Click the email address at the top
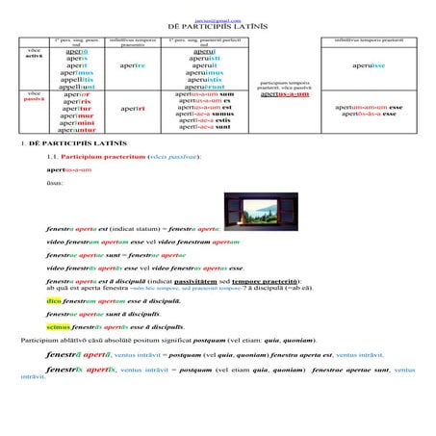pyautogui.click(x=218, y=17)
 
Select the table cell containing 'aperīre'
pyautogui.click(x=132, y=65)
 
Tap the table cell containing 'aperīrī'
pyautogui.click(x=132, y=109)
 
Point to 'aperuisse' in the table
pyautogui.click(x=369, y=65)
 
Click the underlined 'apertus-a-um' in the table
pyautogui.click(x=285, y=94)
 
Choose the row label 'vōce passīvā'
pyautogui.click(x=35, y=97)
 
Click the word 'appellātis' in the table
pyautogui.click(x=76, y=79)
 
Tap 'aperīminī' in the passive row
pyautogui.click(x=76, y=123)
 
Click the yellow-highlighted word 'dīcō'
pyautogui.click(x=54, y=300)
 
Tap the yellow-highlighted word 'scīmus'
pyautogui.click(x=58, y=327)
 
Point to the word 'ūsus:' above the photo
pyautogui.click(x=56, y=183)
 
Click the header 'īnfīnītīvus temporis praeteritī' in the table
pyautogui.click(x=369, y=40)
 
